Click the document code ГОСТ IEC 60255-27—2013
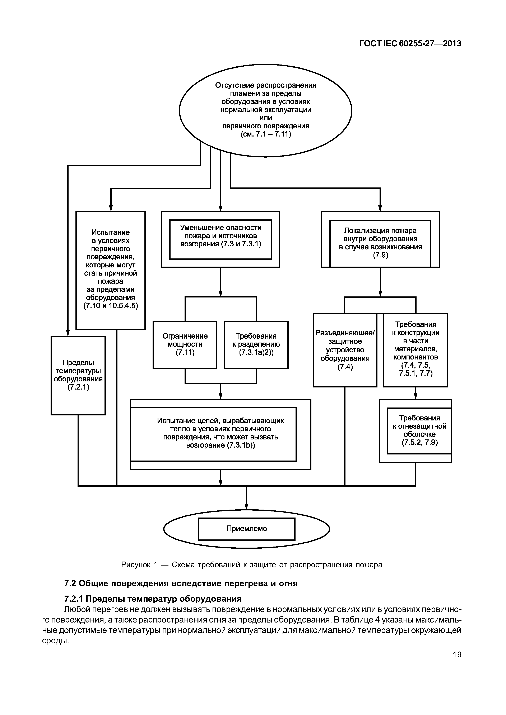tap(410, 44)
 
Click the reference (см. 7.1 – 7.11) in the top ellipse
tap(266, 134)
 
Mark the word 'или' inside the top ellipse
tap(266, 118)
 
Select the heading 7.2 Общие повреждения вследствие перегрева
tap(181, 583)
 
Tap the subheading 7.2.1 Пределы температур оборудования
tap(153, 599)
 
